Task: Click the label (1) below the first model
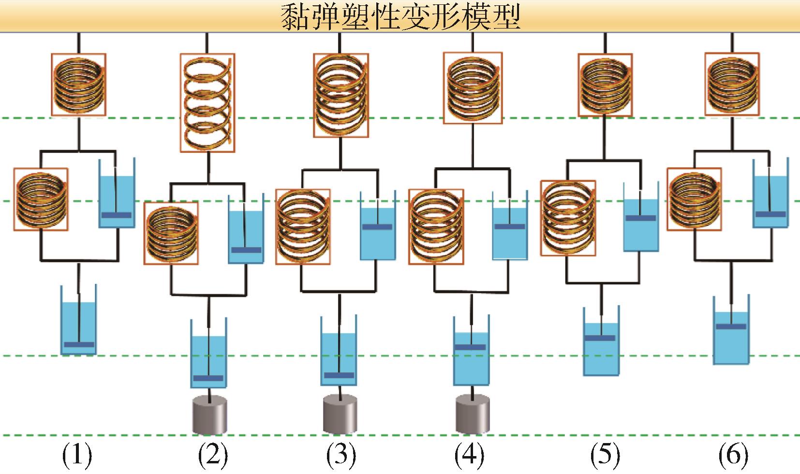pyautogui.click(x=77, y=455)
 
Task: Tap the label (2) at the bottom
pyautogui.click(x=212, y=455)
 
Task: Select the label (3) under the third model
pyautogui.click(x=341, y=455)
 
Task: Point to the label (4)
pyautogui.click(x=469, y=455)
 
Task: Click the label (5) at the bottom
pyautogui.click(x=605, y=455)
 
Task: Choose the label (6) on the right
pyautogui.click(x=733, y=455)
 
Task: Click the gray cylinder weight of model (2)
pyautogui.click(x=209, y=415)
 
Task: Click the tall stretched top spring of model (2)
pyautogui.click(x=207, y=103)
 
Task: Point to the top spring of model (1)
pyautogui.click(x=78, y=85)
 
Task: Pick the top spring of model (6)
pyautogui.click(x=731, y=85)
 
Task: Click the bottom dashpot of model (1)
pyautogui.click(x=78, y=320)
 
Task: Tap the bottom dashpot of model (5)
pyautogui.click(x=601, y=341)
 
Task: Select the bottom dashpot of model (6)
pyautogui.click(x=731, y=330)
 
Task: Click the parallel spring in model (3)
pyautogui.click(x=303, y=227)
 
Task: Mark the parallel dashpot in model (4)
pyautogui.click(x=510, y=226)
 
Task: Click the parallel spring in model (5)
pyautogui.click(x=568, y=217)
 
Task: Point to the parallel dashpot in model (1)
pyautogui.click(x=117, y=193)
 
